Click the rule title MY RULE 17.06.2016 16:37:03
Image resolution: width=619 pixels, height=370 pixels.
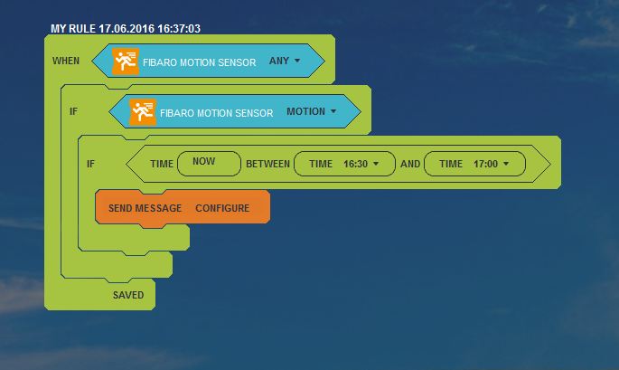126,28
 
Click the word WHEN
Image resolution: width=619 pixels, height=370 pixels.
66,61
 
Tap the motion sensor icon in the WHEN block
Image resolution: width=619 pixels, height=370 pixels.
126,62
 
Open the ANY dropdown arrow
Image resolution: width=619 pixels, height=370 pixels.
297,61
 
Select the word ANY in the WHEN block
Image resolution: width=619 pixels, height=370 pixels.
279,61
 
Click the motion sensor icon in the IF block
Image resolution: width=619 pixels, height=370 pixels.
143,112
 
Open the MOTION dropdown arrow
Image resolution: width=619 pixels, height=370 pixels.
333,111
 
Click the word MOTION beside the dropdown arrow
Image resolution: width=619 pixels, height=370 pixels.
306,111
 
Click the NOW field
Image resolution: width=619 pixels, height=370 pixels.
210,163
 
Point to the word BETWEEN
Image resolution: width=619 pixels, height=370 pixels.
268,164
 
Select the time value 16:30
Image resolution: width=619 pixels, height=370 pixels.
356,164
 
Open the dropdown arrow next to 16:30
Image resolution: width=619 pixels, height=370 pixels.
376,164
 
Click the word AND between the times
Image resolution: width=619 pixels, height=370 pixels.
410,164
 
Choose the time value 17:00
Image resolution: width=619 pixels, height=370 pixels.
485,164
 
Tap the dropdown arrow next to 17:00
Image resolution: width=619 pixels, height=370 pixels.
506,164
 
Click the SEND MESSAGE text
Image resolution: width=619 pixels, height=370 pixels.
145,208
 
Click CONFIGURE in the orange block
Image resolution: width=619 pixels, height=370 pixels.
222,208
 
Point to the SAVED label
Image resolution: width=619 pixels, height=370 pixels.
128,295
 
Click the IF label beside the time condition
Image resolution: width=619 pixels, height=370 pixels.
90,164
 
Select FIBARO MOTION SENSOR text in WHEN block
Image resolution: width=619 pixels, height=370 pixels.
200,62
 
